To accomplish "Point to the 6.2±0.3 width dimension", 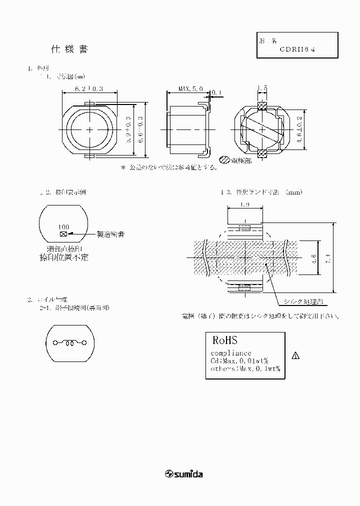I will point(88,88).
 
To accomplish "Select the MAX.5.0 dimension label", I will point(190,88).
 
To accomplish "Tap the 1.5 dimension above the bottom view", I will point(261,88).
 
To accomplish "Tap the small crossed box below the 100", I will point(63,233).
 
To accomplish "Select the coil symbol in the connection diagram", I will point(69,343).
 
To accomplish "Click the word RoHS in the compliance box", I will point(225,340).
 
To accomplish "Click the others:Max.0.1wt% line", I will point(244,369).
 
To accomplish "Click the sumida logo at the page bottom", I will point(184,473).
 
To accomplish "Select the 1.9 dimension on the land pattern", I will point(244,204).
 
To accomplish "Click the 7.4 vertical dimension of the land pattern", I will point(328,258).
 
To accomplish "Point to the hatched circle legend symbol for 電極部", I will point(225,160).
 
